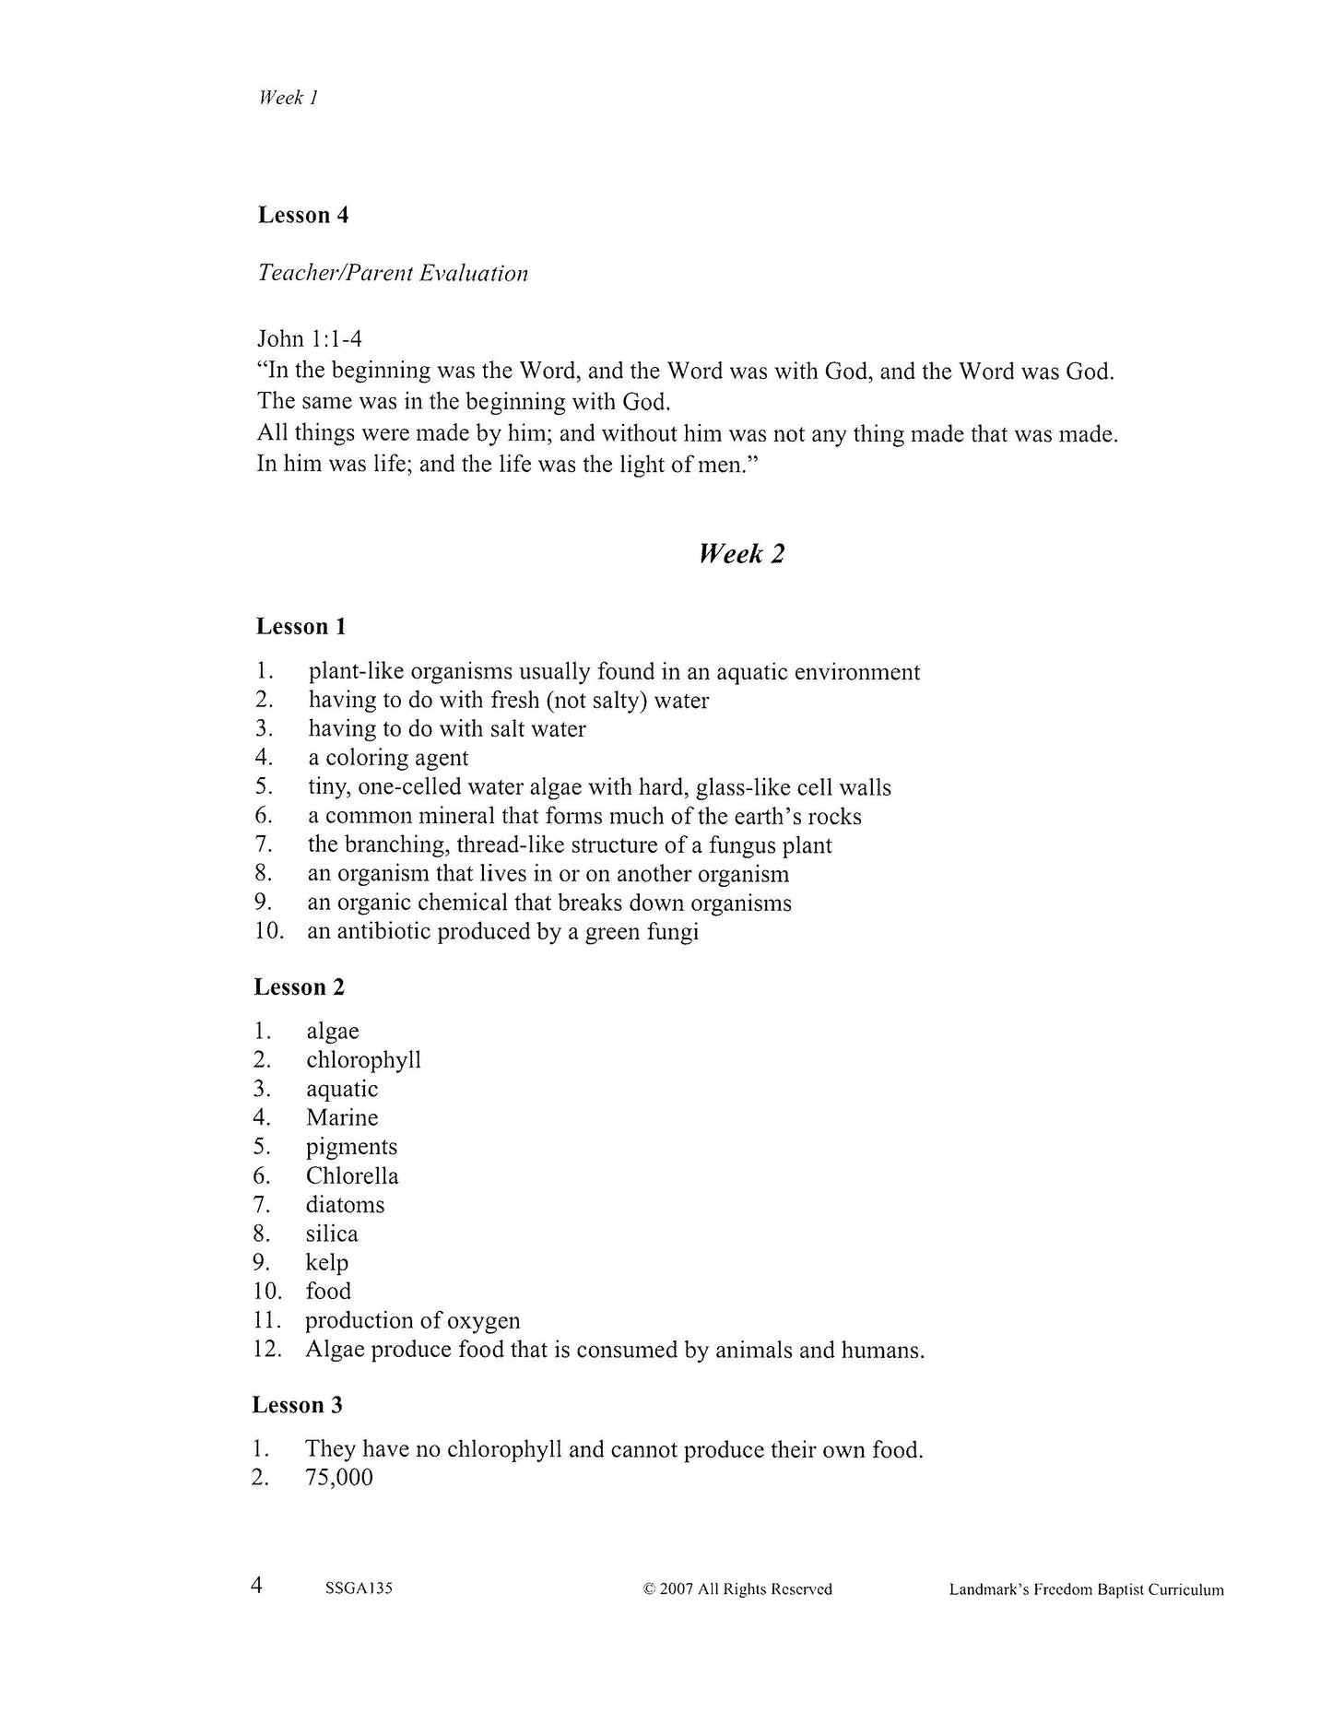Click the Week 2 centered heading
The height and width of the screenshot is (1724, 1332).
coord(741,554)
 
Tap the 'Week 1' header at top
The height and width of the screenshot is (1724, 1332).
coord(289,98)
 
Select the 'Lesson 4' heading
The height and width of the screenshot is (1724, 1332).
coord(303,215)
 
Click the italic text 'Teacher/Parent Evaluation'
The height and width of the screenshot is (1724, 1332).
coord(393,273)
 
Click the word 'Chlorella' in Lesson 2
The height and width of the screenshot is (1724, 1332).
coord(352,1175)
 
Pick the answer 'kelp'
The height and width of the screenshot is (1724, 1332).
coord(327,1262)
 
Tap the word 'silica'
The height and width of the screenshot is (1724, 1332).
coord(332,1234)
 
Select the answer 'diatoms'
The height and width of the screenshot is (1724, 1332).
coord(345,1204)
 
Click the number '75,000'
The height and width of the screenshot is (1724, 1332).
coord(339,1478)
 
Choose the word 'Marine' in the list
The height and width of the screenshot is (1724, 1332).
coord(342,1117)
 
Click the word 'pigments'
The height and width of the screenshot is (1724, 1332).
coord(351,1147)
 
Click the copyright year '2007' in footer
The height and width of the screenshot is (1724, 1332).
coord(678,1588)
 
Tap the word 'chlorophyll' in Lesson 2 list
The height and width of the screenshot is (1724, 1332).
coord(363,1060)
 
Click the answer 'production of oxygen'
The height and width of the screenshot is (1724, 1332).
coord(413,1320)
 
